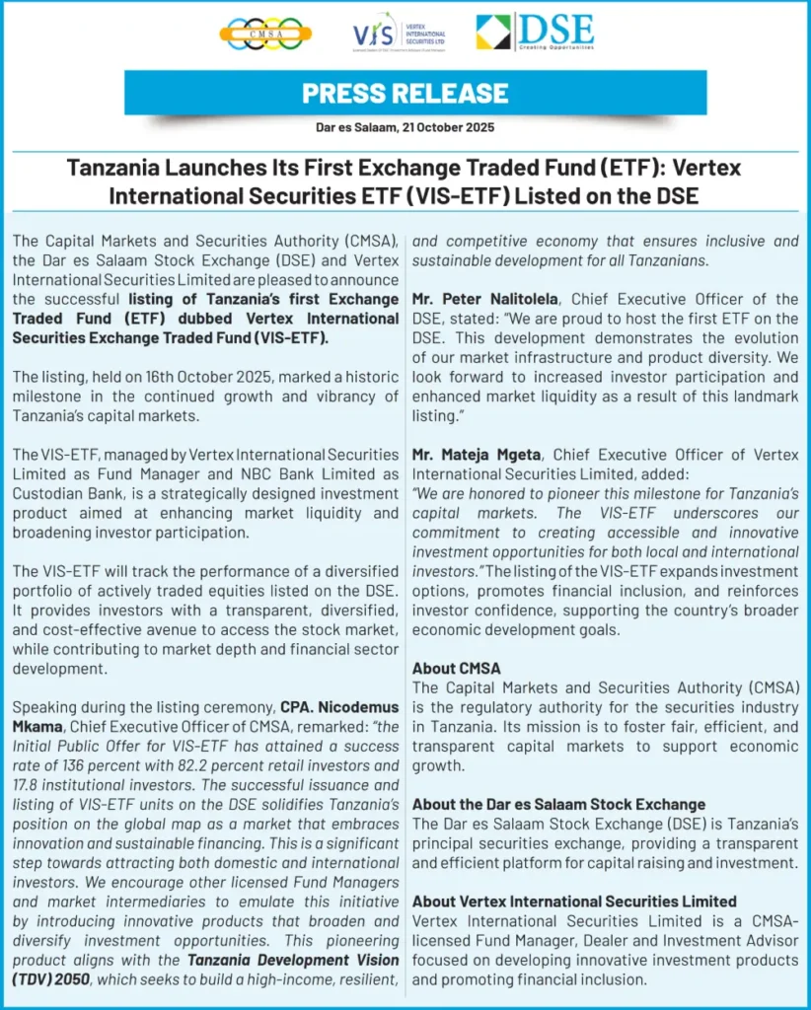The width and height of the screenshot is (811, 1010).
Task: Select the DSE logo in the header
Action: [x=535, y=32]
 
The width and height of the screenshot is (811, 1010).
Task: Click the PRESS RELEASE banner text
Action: [x=405, y=94]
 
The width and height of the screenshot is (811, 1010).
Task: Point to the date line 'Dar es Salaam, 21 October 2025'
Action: [x=405, y=127]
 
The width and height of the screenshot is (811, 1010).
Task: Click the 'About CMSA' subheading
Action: [x=456, y=668]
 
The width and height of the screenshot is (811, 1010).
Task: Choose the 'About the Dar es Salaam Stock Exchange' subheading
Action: [x=558, y=804]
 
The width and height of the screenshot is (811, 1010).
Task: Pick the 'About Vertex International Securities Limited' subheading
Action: [x=574, y=901]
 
